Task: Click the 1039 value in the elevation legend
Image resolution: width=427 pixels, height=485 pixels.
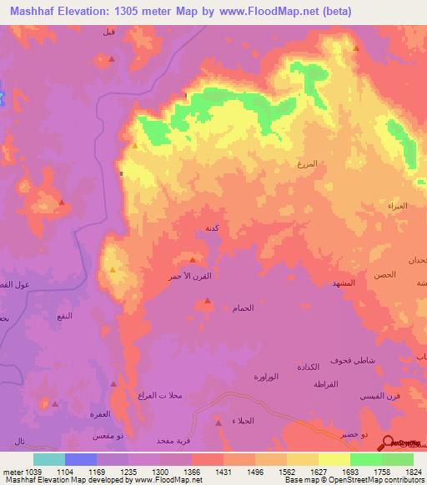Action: (x=31, y=471)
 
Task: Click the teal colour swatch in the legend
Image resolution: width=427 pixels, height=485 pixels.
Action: (x=49, y=459)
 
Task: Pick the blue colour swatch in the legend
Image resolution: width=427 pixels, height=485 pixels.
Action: (x=81, y=459)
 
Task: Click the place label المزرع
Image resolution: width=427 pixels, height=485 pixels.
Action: (x=308, y=165)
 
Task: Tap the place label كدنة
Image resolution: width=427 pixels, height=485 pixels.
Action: (x=212, y=227)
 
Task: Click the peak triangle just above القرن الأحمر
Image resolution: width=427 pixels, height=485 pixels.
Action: (x=193, y=260)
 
